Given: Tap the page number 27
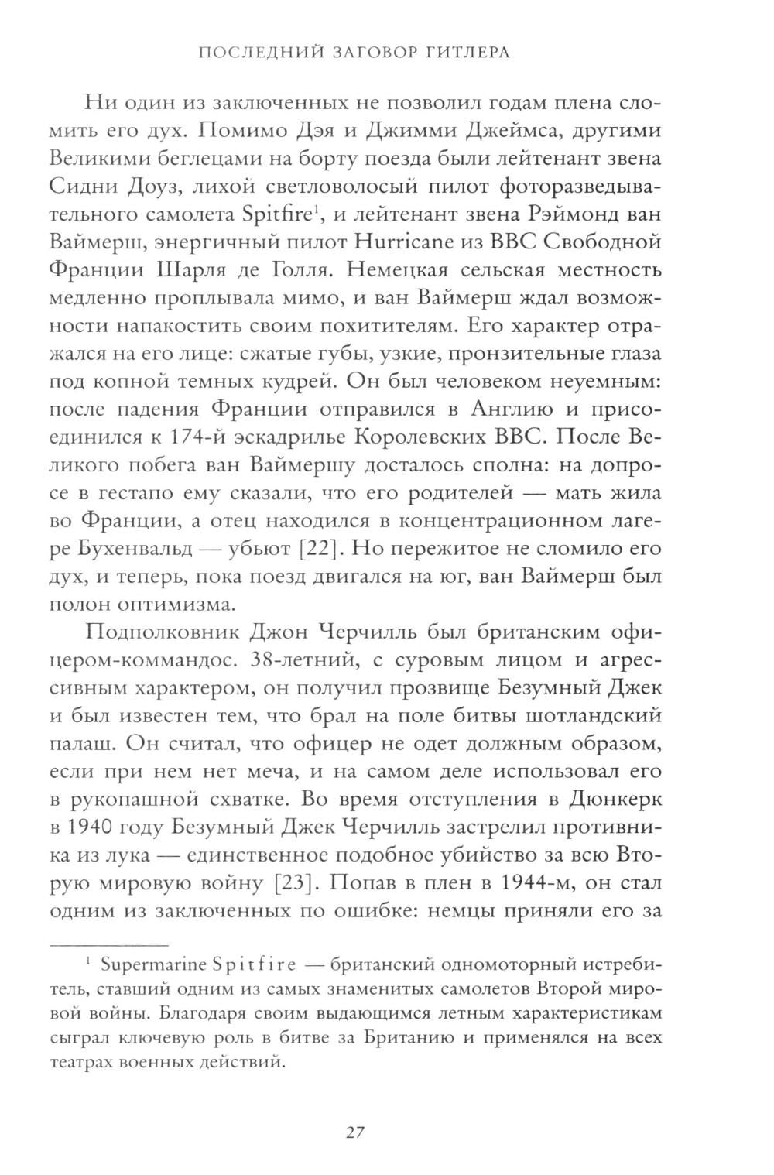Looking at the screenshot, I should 354,1132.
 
